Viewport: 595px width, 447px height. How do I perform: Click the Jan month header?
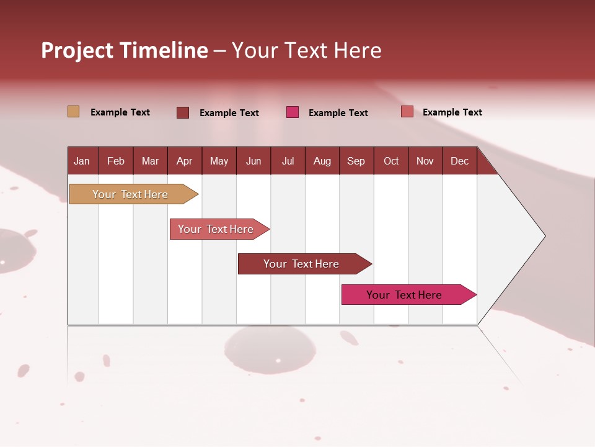pyautogui.click(x=82, y=161)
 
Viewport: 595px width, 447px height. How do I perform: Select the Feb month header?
pyautogui.click(x=116, y=161)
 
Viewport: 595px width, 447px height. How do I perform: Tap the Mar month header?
pyautogui.click(x=150, y=161)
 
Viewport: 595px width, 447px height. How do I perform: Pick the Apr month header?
pyautogui.click(x=185, y=161)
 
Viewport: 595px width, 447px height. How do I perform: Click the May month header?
pyautogui.click(x=219, y=161)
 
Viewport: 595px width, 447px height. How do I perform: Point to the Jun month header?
pyautogui.click(x=253, y=161)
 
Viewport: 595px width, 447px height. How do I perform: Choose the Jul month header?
pyautogui.click(x=288, y=161)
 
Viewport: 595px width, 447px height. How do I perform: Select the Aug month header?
pyautogui.click(x=322, y=161)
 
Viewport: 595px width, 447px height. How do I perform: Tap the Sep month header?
pyautogui.click(x=356, y=161)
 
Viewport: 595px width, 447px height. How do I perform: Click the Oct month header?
pyautogui.click(x=391, y=161)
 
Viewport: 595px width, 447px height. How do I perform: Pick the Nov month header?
pyautogui.click(x=425, y=161)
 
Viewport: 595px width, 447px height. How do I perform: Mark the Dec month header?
pyautogui.click(x=460, y=161)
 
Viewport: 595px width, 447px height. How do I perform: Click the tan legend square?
pyautogui.click(x=73, y=112)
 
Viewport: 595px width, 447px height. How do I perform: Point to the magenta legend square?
pyautogui.click(x=293, y=112)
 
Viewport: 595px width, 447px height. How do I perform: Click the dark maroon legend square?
pyautogui.click(x=183, y=112)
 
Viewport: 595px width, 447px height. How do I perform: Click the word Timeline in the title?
pyautogui.click(x=163, y=50)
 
